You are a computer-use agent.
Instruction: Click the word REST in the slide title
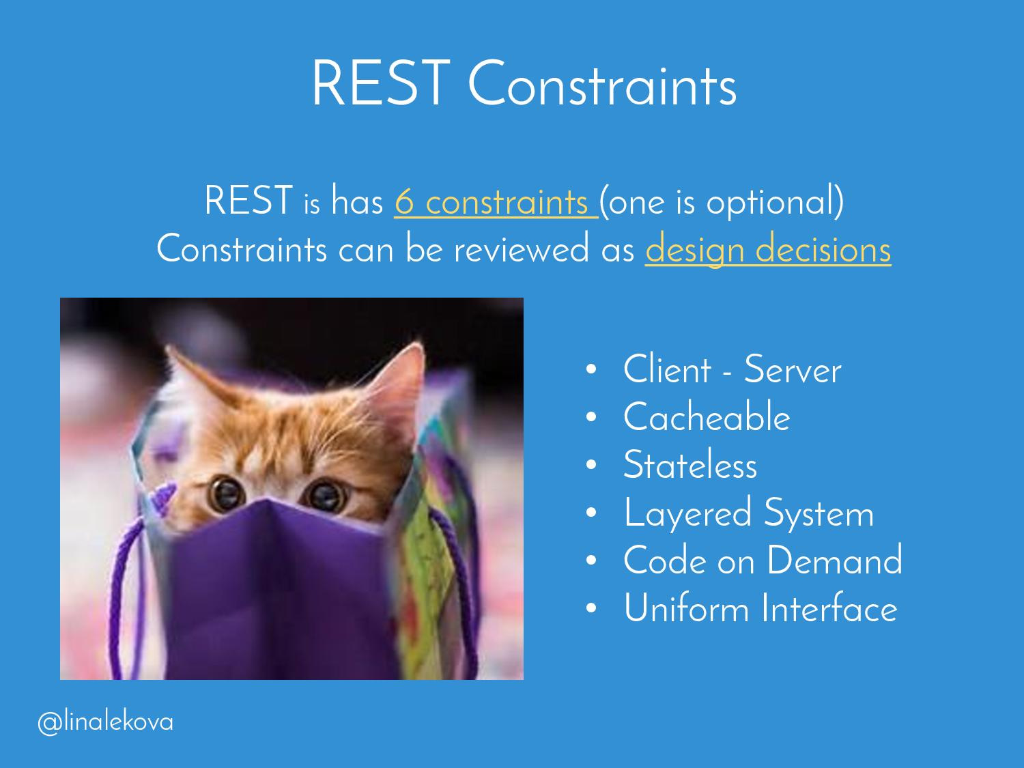(381, 83)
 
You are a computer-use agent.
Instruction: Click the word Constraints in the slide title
(602, 83)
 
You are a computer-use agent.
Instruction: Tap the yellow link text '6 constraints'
(496, 202)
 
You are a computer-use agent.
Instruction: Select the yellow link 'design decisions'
(768, 251)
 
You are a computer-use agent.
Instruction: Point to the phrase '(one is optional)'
(722, 202)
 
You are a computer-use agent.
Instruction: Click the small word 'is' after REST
(311, 205)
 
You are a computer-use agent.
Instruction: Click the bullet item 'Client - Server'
(732, 369)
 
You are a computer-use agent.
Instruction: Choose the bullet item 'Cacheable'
(707, 416)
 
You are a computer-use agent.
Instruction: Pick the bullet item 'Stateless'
(690, 464)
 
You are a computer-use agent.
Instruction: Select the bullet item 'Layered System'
(748, 513)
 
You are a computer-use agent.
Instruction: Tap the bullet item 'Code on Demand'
(763, 560)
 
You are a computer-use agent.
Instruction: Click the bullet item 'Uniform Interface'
(760, 608)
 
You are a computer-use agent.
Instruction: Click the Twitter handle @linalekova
(105, 722)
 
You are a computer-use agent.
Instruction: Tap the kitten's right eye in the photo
(326, 495)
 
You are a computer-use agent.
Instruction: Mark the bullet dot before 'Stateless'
(591, 464)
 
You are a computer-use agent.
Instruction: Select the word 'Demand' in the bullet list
(835, 560)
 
